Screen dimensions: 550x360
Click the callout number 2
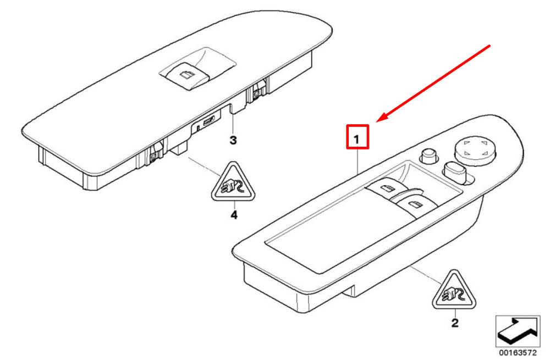click(x=454, y=323)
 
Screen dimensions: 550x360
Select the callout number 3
click(x=233, y=141)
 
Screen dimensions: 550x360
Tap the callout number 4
click(x=234, y=215)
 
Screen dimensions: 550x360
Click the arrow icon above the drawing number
click(x=518, y=329)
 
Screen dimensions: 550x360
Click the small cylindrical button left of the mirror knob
click(x=428, y=156)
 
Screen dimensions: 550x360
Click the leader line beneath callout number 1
click(x=358, y=162)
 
